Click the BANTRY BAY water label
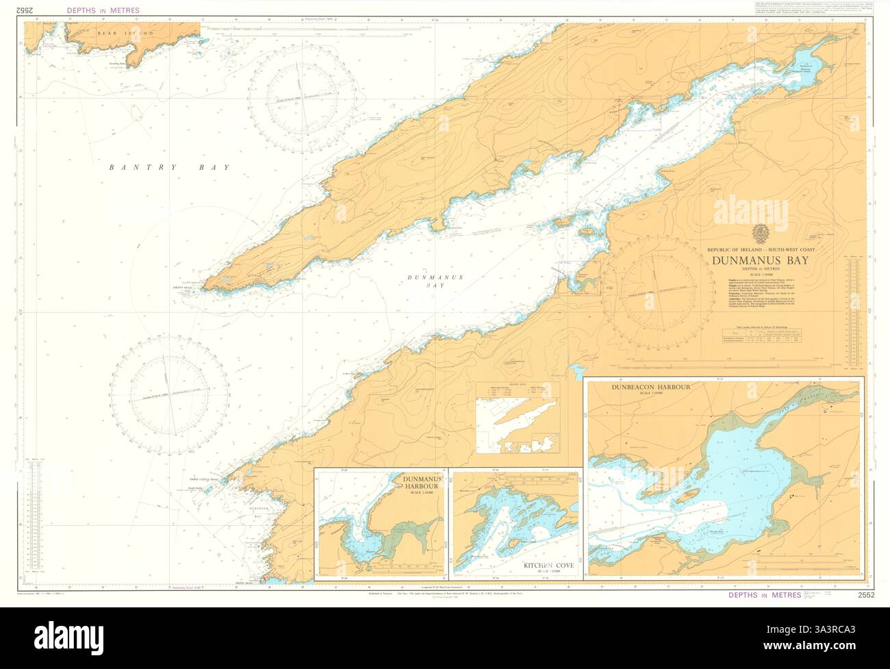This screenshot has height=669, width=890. coord(169,167)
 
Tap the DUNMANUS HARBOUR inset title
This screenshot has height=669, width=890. coord(425,482)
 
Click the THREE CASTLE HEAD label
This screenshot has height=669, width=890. coord(203,480)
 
